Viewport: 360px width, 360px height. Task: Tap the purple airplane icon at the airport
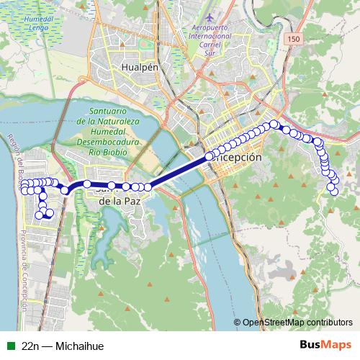click(210, 17)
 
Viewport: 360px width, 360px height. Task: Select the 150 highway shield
click(292, 38)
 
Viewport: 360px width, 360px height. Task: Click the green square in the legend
click(10, 346)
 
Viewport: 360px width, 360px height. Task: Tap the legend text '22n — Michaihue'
click(63, 346)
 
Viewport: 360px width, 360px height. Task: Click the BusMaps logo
click(325, 346)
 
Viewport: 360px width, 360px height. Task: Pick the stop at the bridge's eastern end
click(210, 156)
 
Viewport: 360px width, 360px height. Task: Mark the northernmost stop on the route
click(274, 125)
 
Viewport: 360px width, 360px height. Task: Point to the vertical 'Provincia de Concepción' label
click(24, 270)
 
